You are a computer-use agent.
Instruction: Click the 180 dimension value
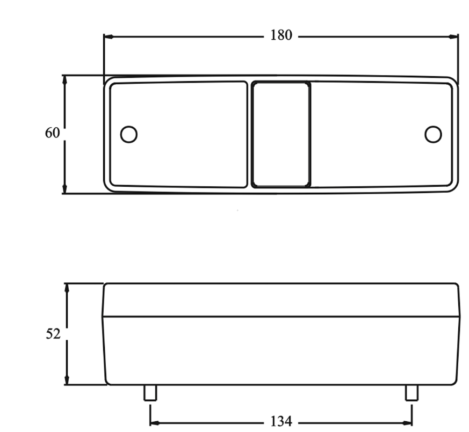pyautogui.click(x=281, y=36)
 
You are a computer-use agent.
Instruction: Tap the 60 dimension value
pyautogui.click(x=52, y=133)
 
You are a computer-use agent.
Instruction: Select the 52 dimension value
pyautogui.click(x=53, y=333)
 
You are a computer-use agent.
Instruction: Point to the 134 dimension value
pyautogui.click(x=281, y=421)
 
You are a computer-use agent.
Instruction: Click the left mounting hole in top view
pyautogui.click(x=129, y=134)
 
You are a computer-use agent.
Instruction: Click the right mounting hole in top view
pyautogui.click(x=432, y=134)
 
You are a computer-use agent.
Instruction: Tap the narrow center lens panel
pyautogui.click(x=281, y=134)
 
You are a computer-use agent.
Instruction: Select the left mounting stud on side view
pyautogui.click(x=150, y=393)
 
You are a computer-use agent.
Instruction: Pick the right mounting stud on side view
pyautogui.click(x=412, y=393)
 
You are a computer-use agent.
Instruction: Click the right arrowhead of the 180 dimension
pyautogui.click(x=454, y=37)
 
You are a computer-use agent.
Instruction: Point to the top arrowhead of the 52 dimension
pyautogui.click(x=67, y=288)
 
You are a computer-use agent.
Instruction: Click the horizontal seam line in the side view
pyautogui.click(x=281, y=316)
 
